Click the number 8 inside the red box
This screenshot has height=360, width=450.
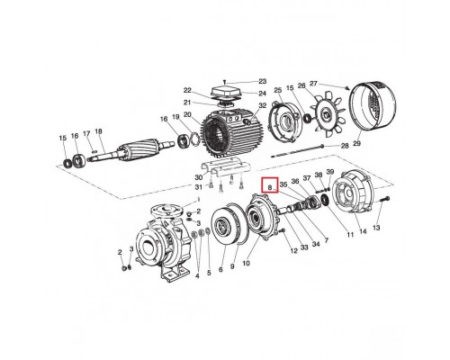[270, 187]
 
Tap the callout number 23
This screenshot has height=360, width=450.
[262, 81]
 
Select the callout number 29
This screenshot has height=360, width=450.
[356, 144]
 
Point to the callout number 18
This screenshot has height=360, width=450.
[98, 131]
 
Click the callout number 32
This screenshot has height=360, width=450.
[263, 105]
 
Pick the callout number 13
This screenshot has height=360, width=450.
[376, 228]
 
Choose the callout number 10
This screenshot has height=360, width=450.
[246, 264]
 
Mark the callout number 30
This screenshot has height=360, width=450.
[199, 176]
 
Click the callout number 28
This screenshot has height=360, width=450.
[345, 146]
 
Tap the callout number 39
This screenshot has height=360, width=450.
[330, 172]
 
